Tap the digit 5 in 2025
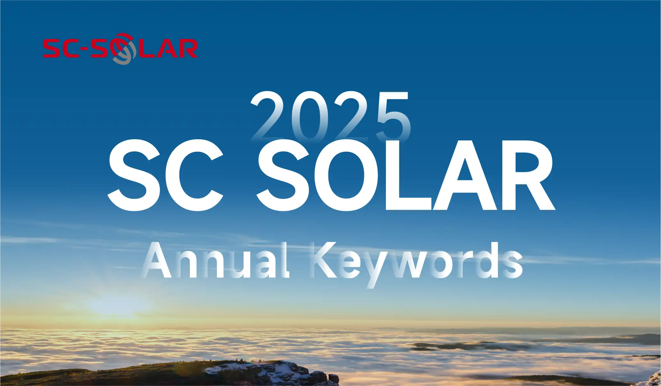pos(393,117)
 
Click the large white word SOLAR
pos(406,175)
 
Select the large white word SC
pos(165,175)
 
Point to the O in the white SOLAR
pos(346,175)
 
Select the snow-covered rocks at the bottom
pos(272,373)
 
